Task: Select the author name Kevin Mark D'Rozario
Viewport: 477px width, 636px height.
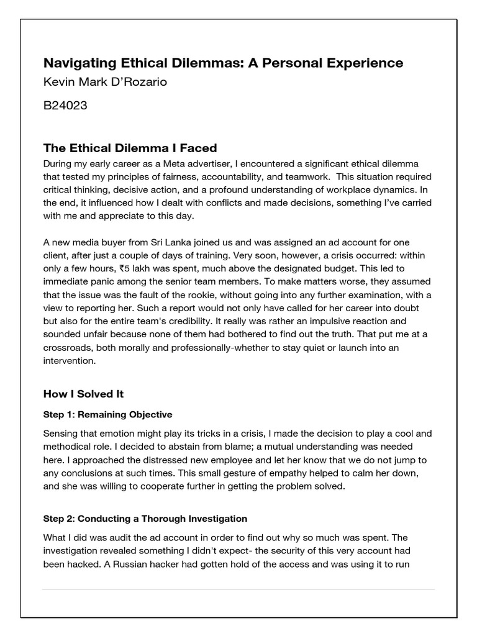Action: pos(105,83)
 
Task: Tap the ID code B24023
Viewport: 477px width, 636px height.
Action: pos(65,106)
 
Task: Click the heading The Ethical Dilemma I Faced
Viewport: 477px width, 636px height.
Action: pos(130,148)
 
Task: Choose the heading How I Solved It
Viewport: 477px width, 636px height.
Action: pos(84,394)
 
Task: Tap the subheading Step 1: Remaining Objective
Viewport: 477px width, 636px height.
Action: pos(107,414)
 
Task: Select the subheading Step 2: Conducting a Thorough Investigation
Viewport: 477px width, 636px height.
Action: pos(145,519)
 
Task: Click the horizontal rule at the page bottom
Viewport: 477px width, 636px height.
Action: pos(238,589)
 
